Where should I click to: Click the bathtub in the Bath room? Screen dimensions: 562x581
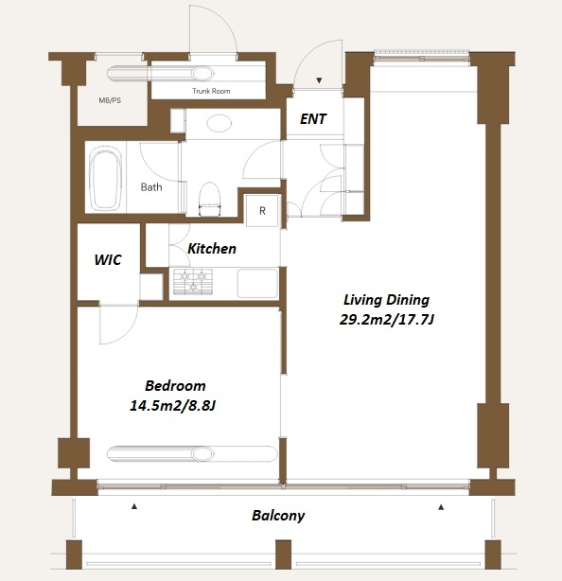pos(107,177)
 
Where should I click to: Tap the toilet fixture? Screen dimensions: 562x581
pos(210,199)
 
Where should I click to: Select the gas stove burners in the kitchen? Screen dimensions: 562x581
pos(193,282)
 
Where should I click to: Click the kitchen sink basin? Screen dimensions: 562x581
pos(257,284)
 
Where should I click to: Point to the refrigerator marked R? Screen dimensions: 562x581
pos(262,210)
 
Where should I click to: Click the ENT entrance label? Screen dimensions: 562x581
pos(313,119)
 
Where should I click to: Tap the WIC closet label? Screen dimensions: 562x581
pos(108,259)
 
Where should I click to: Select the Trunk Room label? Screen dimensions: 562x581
pos(211,91)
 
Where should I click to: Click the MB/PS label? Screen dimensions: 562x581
pos(110,100)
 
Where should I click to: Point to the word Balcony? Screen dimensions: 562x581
pos(278,516)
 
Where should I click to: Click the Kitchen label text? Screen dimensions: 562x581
pos(212,249)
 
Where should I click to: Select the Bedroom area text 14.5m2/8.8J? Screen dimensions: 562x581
pos(172,406)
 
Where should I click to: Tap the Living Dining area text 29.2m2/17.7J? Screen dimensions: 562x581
pos(386,320)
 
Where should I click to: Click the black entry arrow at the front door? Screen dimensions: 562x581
pos(319,80)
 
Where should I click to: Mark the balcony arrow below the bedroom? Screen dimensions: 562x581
pos(134,506)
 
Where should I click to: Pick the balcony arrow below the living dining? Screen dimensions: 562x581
pos(441,507)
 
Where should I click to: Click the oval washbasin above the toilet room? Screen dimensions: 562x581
pos(220,123)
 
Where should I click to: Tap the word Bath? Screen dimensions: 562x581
pos(151,187)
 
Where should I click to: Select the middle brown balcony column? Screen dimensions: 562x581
pos(283,555)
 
